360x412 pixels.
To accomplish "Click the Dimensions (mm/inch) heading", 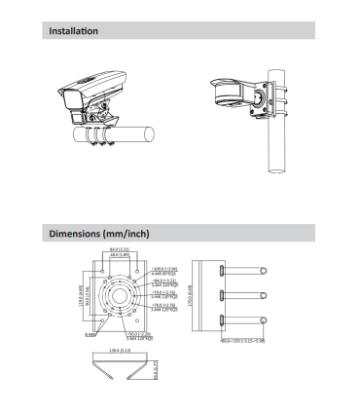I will click(x=98, y=235).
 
